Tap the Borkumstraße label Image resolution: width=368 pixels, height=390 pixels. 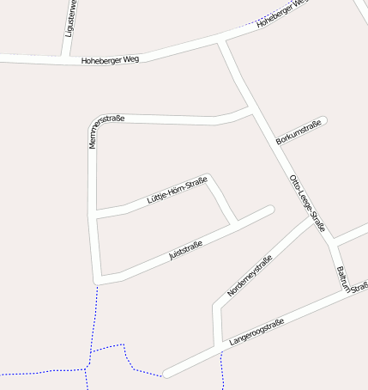[299, 132]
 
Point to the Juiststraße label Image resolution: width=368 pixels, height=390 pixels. [185, 251]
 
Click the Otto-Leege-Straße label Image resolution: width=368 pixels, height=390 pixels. [307, 204]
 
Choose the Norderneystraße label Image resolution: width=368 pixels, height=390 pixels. [250, 277]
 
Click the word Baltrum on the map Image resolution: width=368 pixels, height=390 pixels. [343, 279]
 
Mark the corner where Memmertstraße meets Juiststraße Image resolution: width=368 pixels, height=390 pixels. [100, 279]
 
